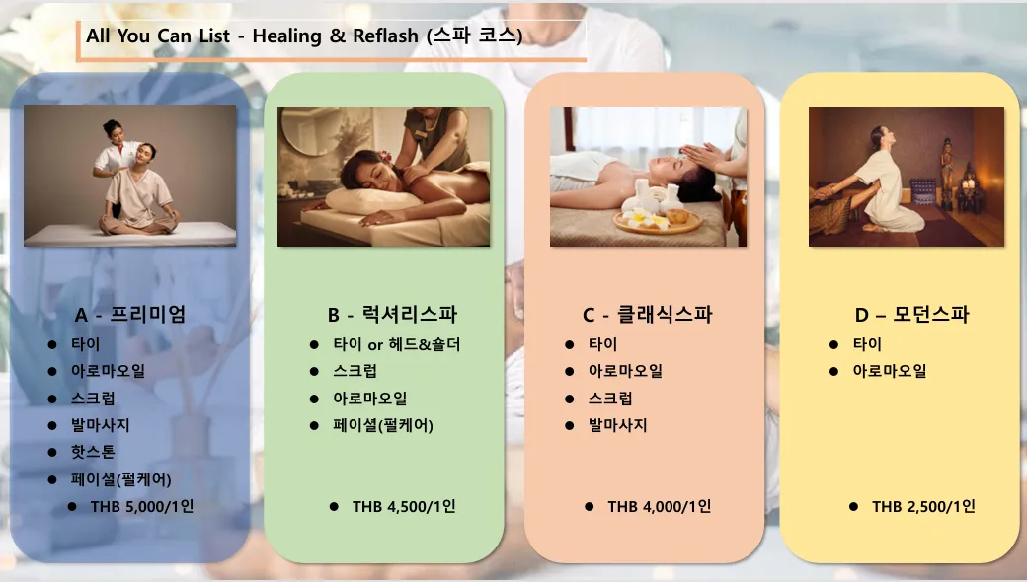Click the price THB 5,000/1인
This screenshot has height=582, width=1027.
142,506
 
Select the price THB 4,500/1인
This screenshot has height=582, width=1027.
404,506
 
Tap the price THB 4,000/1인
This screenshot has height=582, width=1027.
660,506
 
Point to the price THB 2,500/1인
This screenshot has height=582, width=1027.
923,506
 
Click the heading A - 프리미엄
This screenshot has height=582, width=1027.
130,314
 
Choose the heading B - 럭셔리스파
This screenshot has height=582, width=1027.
392,314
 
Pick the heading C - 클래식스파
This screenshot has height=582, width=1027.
647,314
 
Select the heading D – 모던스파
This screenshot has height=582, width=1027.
911,314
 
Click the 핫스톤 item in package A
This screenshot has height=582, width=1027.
93,452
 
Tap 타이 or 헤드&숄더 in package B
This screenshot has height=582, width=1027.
397,344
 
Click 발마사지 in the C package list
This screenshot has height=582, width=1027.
617,425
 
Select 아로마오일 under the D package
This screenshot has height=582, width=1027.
890,371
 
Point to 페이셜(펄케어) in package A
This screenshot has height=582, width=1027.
121,479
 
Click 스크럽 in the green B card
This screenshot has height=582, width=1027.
355,371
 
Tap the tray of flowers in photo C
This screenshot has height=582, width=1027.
657,221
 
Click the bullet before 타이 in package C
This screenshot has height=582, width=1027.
569,344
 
